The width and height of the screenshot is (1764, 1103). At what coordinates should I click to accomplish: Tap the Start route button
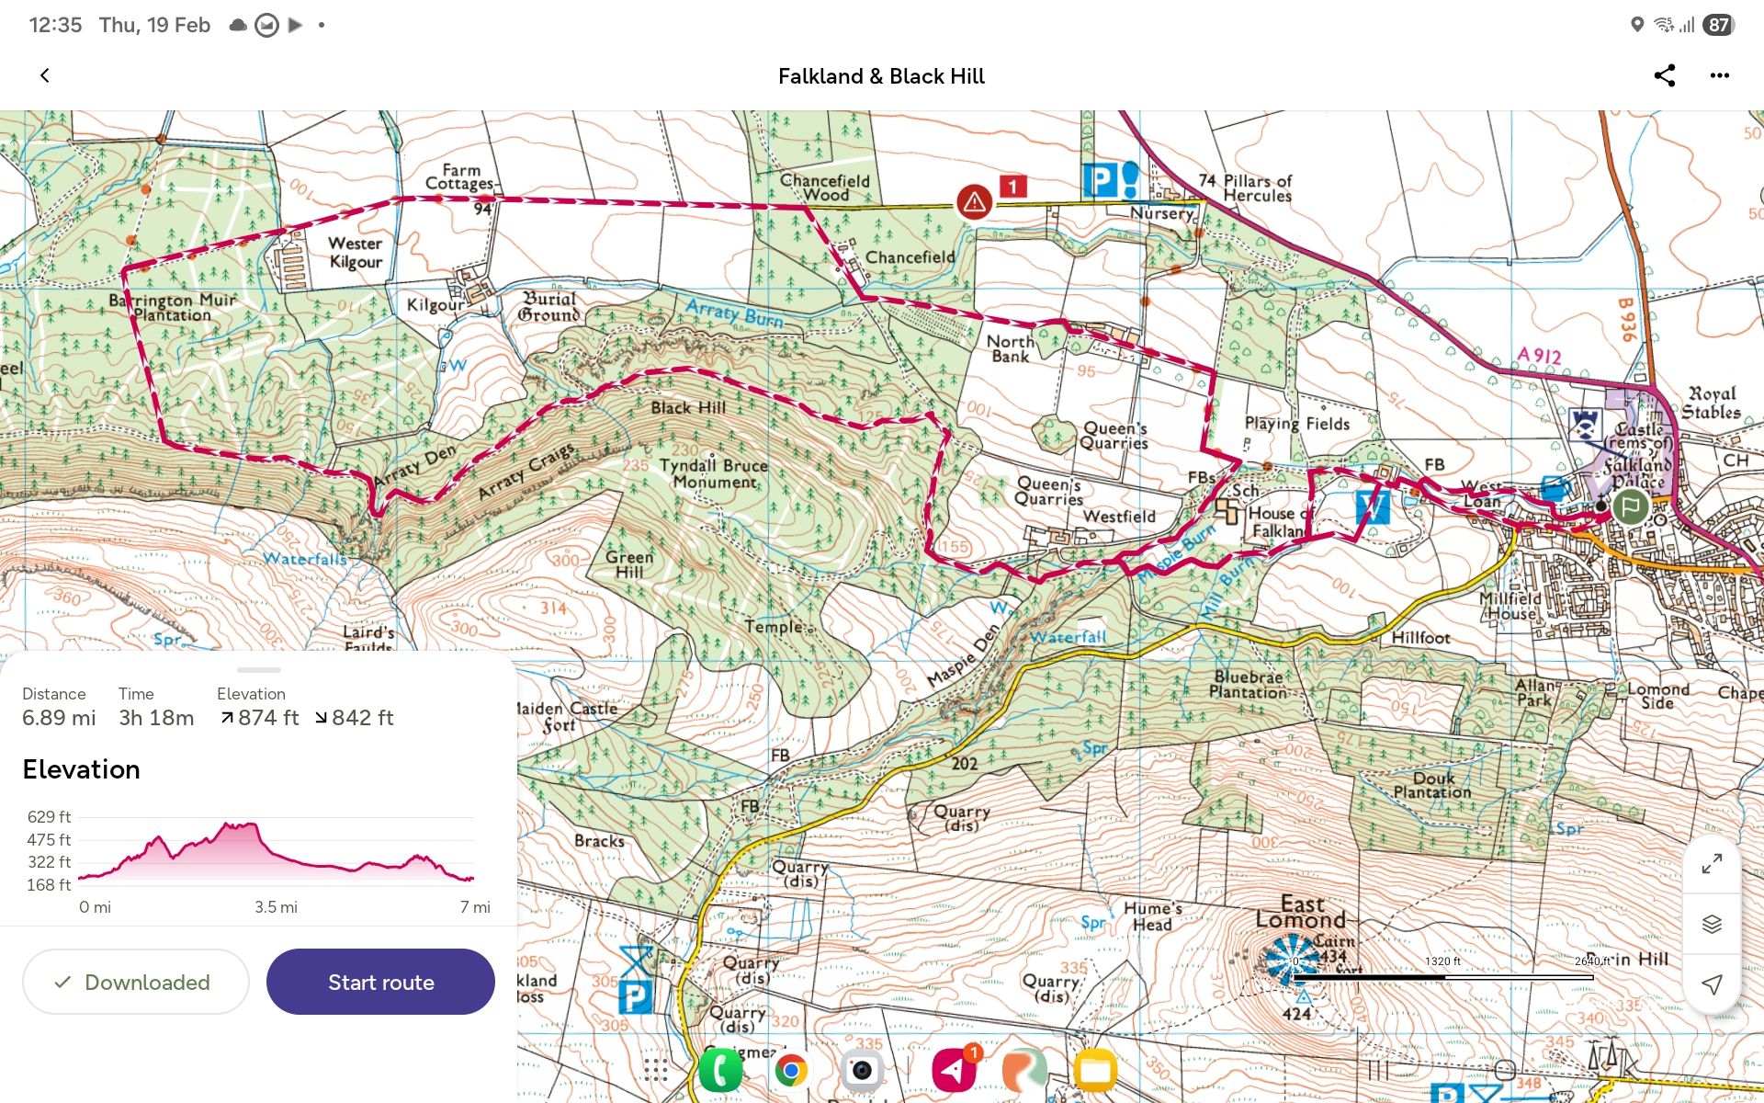[x=380, y=982]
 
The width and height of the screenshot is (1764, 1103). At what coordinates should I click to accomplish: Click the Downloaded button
[x=135, y=982]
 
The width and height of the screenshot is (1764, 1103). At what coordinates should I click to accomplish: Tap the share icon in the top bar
[x=1664, y=75]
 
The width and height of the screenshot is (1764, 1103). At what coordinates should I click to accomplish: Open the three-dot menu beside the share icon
[x=1719, y=75]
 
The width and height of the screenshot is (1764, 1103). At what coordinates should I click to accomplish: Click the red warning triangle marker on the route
[x=974, y=200]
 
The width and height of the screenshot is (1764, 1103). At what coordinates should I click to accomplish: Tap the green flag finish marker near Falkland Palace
[x=1631, y=506]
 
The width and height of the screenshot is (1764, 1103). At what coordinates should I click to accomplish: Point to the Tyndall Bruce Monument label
[x=714, y=473]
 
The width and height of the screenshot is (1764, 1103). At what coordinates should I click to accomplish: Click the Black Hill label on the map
[x=688, y=407]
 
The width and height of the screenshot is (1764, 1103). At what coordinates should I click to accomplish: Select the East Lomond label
[x=1301, y=912]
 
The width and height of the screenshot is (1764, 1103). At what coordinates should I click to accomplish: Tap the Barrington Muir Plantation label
[x=172, y=307]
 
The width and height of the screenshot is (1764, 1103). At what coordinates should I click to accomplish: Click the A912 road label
[x=1539, y=355]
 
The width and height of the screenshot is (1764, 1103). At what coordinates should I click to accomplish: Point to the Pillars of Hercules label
[x=1256, y=188]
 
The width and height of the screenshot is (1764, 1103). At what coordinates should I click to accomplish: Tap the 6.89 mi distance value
[x=59, y=718]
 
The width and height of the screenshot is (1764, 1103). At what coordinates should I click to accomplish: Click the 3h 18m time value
[x=156, y=718]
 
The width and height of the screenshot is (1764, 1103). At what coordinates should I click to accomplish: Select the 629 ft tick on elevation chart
[x=49, y=817]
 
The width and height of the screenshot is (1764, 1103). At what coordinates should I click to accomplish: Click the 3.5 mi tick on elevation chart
[x=276, y=907]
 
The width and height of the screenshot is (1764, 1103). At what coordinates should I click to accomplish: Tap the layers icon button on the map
[x=1711, y=924]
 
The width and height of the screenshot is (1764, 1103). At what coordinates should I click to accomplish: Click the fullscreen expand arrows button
[x=1711, y=864]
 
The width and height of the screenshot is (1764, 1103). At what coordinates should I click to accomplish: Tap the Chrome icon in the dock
[x=790, y=1071]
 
